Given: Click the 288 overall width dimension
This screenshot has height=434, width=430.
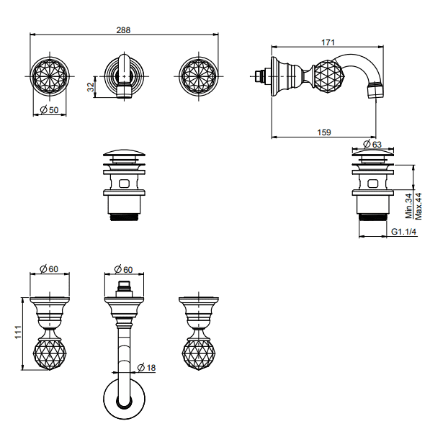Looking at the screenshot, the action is (x=123, y=30).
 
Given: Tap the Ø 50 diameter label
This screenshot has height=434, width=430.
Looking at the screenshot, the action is (x=49, y=110).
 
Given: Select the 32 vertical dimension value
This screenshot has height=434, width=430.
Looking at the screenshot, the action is (x=91, y=87).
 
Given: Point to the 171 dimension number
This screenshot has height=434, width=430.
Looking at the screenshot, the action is (x=328, y=42).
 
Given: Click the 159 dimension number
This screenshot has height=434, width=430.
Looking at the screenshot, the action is (x=324, y=132).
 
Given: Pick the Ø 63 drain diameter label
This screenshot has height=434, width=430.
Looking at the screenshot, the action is (x=372, y=144).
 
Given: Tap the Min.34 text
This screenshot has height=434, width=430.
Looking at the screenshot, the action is (x=408, y=206).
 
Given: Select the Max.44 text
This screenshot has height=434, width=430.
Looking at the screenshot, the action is (x=418, y=207).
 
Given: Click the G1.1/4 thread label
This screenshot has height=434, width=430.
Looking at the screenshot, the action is (x=403, y=231).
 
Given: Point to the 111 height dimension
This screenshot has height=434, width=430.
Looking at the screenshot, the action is (x=18, y=332).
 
